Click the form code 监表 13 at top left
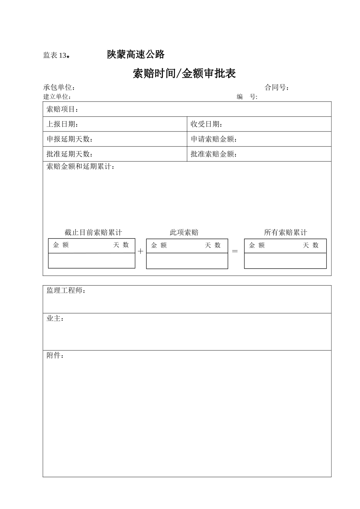click(x=55, y=56)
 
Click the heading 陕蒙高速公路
click(x=136, y=55)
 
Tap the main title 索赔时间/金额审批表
click(x=184, y=73)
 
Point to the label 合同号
click(x=277, y=87)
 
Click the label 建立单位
click(x=57, y=97)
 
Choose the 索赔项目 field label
click(x=62, y=109)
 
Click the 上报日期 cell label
click(x=62, y=124)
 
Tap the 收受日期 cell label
click(x=206, y=124)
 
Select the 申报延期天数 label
click(x=69, y=139)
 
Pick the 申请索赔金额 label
click(x=214, y=139)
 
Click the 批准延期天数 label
click(x=69, y=154)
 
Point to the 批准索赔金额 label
click(x=214, y=154)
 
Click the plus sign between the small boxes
click(x=141, y=251)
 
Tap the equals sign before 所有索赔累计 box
click(x=235, y=251)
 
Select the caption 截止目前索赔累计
click(x=93, y=233)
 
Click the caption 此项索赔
click(x=184, y=233)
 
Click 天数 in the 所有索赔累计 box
click(x=311, y=245)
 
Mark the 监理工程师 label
click(x=66, y=290)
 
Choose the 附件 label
click(x=55, y=356)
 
